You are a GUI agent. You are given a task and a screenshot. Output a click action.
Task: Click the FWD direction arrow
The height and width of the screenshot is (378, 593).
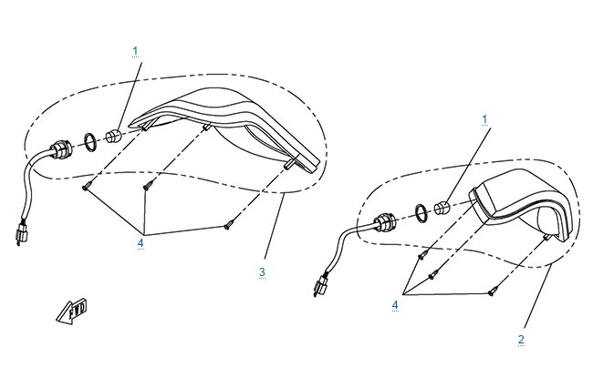[72, 312]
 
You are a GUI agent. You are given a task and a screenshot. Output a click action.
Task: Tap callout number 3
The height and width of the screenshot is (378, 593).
[262, 272]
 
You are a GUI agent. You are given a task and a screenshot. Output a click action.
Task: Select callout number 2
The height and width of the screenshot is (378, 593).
[521, 340]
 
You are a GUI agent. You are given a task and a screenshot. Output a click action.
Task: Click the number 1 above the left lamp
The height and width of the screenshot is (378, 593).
[135, 51]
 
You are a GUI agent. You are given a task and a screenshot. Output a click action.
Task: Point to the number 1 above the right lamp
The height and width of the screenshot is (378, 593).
[484, 119]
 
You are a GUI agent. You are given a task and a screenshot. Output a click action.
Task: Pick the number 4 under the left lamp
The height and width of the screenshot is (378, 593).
[140, 243]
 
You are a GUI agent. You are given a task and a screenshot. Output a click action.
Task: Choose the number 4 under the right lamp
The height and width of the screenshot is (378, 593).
[395, 305]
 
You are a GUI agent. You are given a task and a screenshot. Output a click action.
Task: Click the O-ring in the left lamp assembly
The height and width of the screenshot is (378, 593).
[90, 142]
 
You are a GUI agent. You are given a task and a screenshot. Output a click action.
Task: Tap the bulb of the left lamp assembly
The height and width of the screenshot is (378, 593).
[112, 137]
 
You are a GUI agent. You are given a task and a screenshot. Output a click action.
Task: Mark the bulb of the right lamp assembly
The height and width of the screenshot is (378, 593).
[441, 208]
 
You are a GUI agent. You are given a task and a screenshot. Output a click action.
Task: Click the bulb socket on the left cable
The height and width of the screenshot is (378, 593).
[59, 149]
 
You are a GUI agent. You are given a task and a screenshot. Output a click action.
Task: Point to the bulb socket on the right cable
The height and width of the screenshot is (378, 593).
[384, 221]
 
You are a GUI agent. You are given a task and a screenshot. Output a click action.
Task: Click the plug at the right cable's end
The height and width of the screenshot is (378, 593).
[320, 284]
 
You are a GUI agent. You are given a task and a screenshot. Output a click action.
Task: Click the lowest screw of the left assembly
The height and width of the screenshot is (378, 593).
[228, 226]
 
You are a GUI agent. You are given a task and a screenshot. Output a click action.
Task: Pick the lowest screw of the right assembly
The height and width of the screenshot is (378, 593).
[492, 291]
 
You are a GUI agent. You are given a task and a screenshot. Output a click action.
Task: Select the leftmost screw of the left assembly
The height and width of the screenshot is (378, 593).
[86, 186]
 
